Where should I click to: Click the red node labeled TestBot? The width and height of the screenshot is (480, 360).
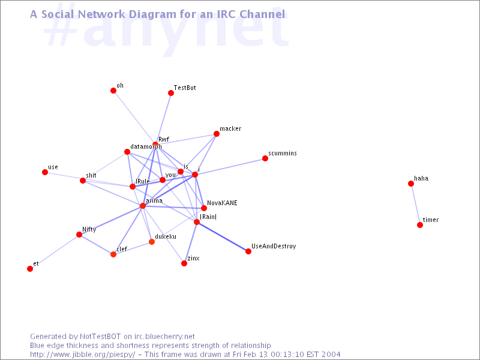click(x=171, y=93)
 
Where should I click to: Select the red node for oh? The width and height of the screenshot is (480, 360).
click(x=113, y=91)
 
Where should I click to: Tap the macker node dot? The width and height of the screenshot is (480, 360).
click(x=217, y=134)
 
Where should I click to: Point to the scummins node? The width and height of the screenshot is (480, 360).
click(x=265, y=158)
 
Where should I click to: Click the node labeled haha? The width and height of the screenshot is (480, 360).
click(x=411, y=184)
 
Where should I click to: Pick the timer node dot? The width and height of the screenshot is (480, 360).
click(x=420, y=225)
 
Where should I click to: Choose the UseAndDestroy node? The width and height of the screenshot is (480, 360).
click(x=248, y=251)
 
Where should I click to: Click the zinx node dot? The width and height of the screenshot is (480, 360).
click(x=184, y=263)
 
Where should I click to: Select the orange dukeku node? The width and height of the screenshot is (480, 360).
click(x=152, y=242)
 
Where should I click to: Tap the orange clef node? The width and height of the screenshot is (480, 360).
click(x=113, y=254)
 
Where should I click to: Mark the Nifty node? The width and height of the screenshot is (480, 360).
click(x=79, y=235)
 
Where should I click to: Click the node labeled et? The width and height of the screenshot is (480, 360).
click(x=30, y=269)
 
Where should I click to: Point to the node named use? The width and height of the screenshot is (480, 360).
click(x=45, y=172)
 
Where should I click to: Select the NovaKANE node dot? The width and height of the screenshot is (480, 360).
click(x=204, y=208)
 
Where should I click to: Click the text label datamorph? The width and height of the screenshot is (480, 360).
click(x=146, y=147)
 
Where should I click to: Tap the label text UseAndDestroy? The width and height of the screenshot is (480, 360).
click(x=274, y=247)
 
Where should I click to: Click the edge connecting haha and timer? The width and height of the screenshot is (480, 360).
click(x=415, y=204)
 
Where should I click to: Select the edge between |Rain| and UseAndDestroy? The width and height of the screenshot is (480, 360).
click(x=223, y=237)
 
